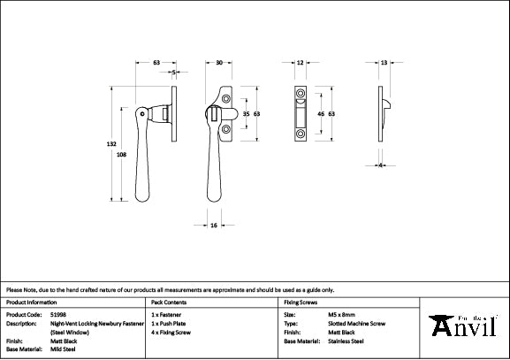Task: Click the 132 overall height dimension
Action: coord(112,143)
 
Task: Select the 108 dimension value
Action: coord(121,155)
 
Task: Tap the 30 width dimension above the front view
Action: coord(219,63)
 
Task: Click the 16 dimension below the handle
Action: coord(214,226)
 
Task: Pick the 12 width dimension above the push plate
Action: coord(301,63)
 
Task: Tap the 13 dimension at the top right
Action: coord(383,63)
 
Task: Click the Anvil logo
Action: coord(467,326)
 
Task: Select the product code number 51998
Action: coord(57,314)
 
